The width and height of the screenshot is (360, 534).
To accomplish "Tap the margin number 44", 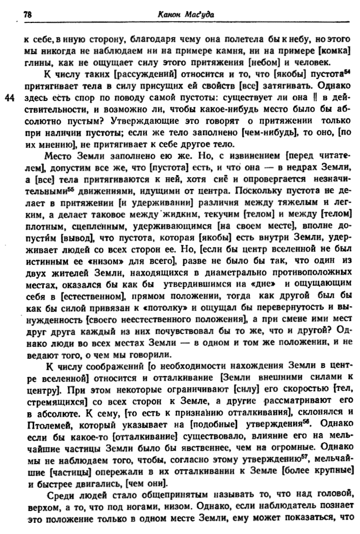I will click(x=10, y=97).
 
